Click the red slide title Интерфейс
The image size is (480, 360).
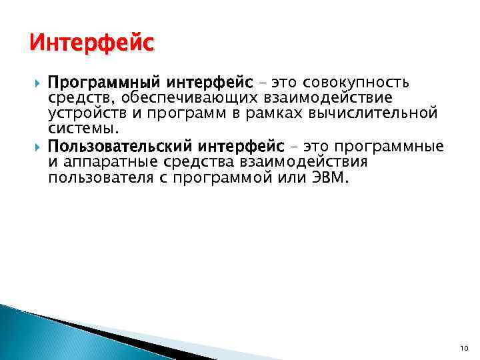point(92,45)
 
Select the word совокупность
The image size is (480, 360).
point(356,83)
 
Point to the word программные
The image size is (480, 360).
point(388,146)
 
